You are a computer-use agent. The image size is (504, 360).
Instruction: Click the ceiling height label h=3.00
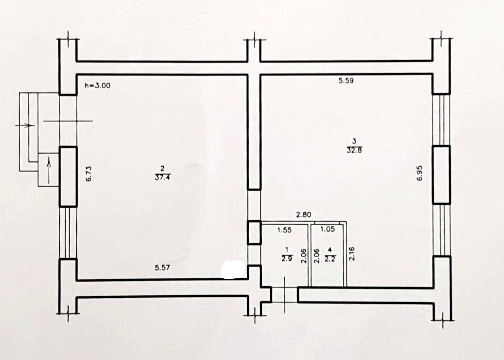97,86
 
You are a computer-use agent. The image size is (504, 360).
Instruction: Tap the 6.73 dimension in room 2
89,174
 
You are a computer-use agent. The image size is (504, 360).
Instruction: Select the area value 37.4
162,178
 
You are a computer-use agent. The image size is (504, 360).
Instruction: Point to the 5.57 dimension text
162,268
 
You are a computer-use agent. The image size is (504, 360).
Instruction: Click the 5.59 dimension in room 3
346,81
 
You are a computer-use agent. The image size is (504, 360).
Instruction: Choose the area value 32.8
354,150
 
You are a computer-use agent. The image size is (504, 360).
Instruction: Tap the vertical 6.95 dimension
420,173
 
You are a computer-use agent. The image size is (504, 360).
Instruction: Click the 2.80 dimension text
304,215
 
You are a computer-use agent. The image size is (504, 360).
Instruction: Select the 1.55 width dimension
284,230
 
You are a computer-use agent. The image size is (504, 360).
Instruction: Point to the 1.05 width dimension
328,229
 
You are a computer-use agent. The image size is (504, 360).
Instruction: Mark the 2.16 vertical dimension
351,253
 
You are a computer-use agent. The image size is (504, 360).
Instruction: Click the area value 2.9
287,259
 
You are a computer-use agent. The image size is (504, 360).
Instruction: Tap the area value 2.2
330,259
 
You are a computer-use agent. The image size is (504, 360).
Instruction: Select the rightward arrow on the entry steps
25,125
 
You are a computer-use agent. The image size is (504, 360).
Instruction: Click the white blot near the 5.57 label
233,270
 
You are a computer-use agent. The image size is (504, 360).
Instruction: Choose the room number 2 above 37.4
162,168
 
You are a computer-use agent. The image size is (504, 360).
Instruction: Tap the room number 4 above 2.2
330,249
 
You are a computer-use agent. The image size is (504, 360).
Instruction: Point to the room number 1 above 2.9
287,249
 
